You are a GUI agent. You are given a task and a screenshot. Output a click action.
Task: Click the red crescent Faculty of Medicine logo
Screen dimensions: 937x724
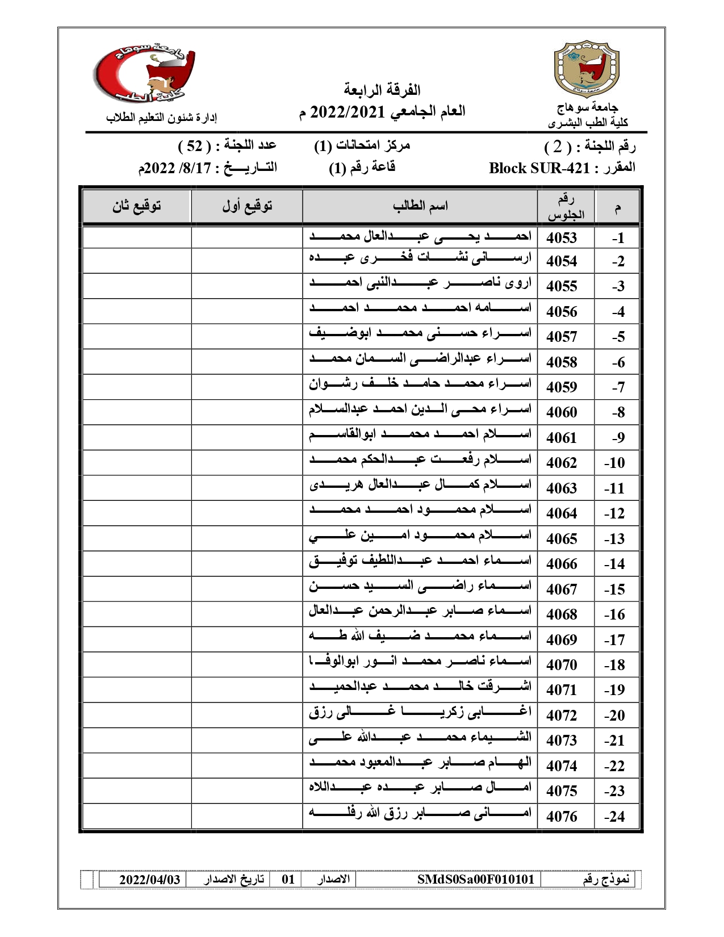click(x=145, y=74)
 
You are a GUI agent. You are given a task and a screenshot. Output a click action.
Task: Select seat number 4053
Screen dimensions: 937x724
click(x=562, y=239)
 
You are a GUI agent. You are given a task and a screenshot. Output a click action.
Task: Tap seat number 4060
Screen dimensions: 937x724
click(x=562, y=412)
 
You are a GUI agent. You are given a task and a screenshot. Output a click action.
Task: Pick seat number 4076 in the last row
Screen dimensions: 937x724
click(x=562, y=817)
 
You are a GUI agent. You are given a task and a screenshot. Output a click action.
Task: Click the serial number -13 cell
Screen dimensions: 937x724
click(x=615, y=539)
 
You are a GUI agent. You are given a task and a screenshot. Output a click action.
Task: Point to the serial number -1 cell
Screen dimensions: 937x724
click(x=618, y=239)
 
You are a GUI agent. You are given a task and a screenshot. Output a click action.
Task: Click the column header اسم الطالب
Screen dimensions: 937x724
click(x=420, y=206)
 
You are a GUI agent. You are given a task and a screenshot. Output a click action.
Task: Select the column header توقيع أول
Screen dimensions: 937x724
click(x=247, y=206)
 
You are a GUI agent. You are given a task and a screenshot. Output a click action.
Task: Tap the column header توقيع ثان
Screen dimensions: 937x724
click(x=137, y=206)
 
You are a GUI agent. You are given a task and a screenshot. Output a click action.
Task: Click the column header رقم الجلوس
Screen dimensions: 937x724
click(x=566, y=207)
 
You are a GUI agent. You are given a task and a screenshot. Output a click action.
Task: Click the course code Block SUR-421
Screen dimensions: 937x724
click(x=539, y=168)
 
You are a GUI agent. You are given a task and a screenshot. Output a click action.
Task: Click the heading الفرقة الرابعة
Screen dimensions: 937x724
click(x=382, y=90)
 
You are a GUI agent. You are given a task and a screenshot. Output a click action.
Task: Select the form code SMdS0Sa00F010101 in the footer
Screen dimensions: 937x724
click(x=476, y=880)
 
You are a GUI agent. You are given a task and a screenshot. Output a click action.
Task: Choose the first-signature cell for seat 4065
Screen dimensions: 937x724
click(x=247, y=538)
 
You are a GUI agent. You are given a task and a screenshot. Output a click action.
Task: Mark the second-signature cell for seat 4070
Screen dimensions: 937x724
click(x=137, y=664)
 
